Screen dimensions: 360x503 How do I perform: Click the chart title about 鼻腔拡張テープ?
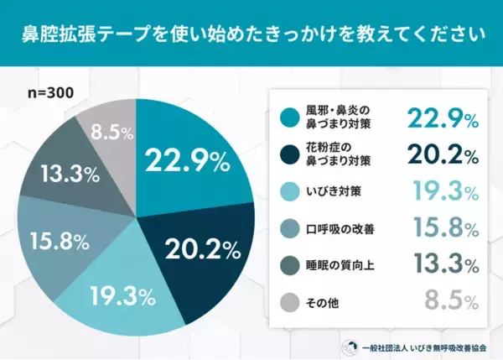251,35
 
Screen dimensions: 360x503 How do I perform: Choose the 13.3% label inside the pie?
71,174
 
